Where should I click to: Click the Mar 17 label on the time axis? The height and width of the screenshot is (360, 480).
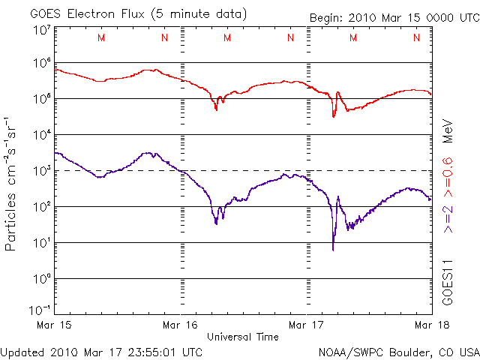click(x=305, y=325)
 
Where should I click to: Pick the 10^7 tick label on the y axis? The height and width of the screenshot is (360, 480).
click(x=41, y=31)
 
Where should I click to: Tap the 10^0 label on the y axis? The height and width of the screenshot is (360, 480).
click(x=41, y=279)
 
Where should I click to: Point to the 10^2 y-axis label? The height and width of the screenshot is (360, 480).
click(x=41, y=207)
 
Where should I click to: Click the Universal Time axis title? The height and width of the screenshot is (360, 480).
click(x=243, y=337)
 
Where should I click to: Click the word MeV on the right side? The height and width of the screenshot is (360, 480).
click(x=448, y=130)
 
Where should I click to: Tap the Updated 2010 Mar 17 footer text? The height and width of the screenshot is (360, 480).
click(x=102, y=351)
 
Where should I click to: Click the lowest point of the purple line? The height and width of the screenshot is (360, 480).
click(x=333, y=249)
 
